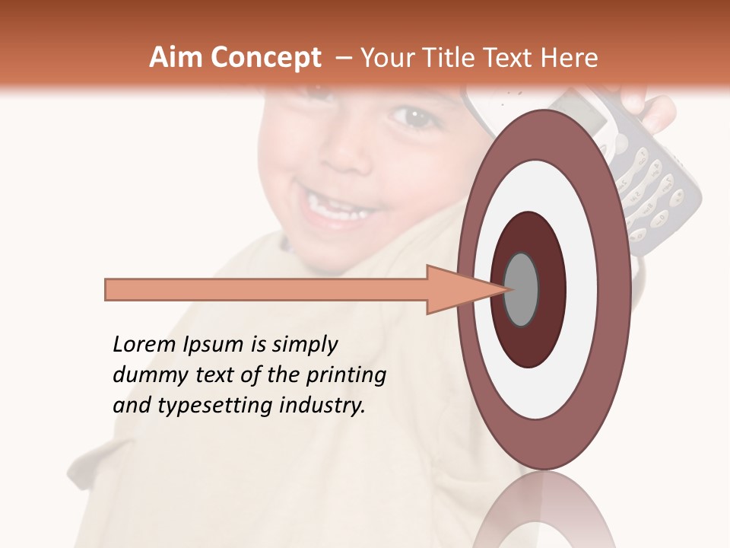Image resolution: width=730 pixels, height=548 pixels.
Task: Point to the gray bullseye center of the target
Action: click(521, 289)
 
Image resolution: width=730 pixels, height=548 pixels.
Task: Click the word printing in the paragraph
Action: click(346, 375)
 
